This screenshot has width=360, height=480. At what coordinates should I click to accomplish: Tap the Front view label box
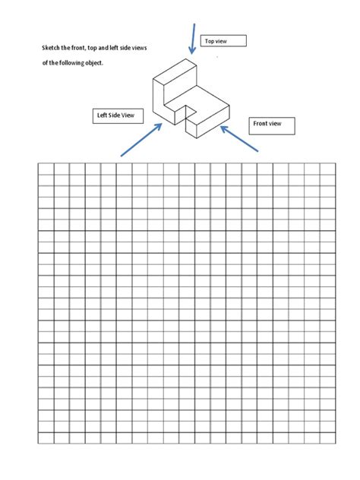(271, 125)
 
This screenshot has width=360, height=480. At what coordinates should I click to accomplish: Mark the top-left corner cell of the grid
(46, 169)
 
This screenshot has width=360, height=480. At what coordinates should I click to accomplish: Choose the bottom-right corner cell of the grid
(327, 437)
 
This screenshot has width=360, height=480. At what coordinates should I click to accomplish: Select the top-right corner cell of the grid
(327, 169)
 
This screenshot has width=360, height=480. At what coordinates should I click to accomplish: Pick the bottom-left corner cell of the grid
(46, 437)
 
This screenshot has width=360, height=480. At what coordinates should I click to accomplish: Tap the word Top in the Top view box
(210, 41)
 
